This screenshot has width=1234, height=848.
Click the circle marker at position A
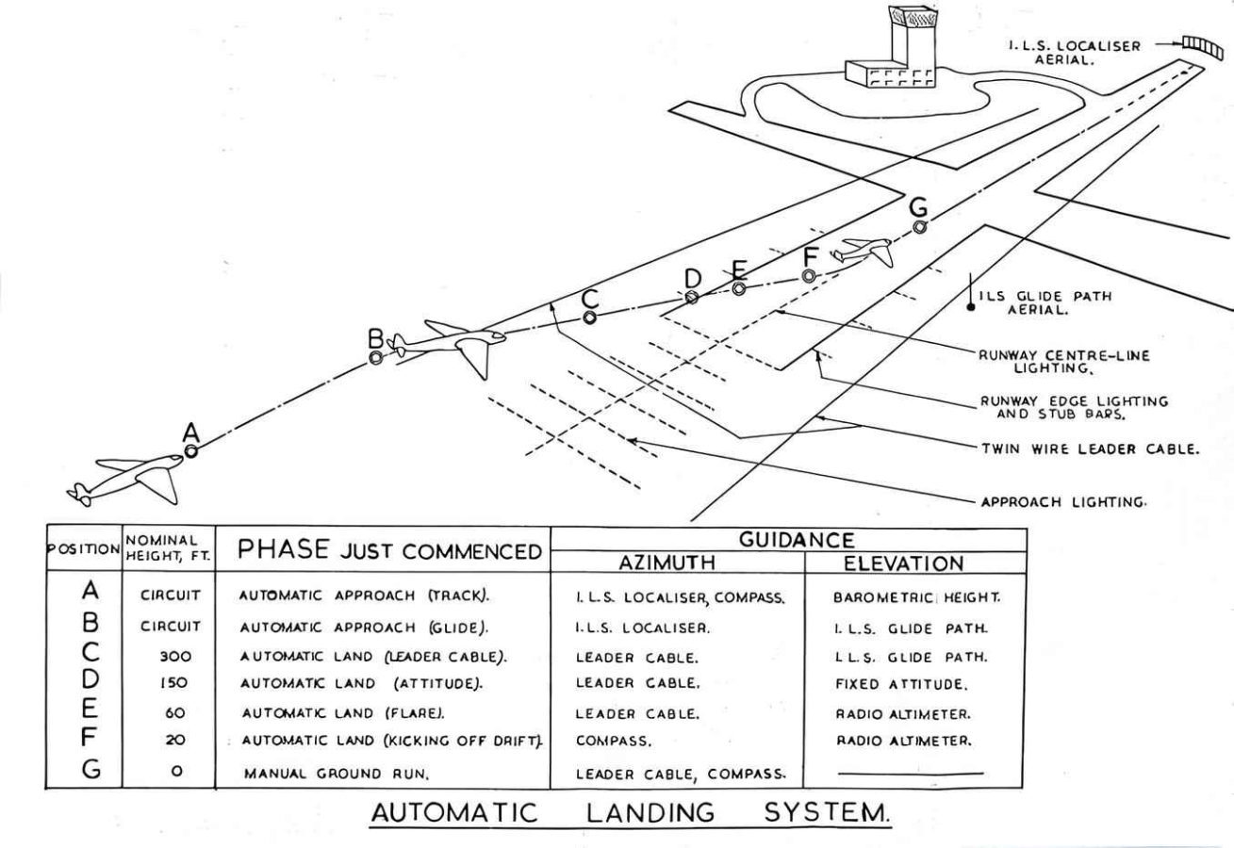(x=190, y=450)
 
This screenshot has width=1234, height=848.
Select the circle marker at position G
(x=919, y=226)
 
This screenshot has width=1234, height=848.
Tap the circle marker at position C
(x=589, y=318)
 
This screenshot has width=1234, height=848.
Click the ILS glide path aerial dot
(x=971, y=306)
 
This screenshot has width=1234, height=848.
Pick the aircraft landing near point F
(x=864, y=251)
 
